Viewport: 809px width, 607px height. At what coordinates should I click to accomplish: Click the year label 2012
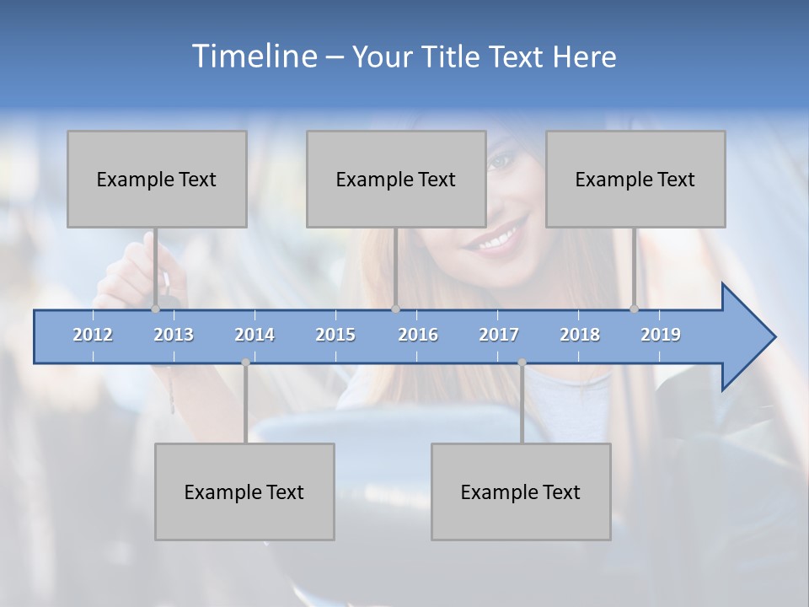tap(93, 335)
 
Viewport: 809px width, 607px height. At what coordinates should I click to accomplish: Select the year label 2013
tap(174, 335)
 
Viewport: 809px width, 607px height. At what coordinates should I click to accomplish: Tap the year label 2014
tap(254, 335)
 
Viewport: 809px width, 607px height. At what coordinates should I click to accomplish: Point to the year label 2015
tap(335, 335)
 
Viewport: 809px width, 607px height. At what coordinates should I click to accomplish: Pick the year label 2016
tap(418, 335)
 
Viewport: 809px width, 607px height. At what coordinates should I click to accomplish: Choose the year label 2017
tap(499, 335)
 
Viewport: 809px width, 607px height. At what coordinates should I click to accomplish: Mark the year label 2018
tap(580, 335)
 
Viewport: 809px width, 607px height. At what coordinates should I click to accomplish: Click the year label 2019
tap(661, 335)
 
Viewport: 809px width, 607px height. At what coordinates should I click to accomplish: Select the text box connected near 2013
tap(157, 179)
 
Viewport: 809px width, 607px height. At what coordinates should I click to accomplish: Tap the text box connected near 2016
tap(396, 179)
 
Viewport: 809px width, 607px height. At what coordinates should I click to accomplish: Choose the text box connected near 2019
tap(635, 179)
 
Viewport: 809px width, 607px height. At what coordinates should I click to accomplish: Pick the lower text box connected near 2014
tap(244, 492)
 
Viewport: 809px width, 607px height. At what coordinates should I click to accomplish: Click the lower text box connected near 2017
tap(521, 492)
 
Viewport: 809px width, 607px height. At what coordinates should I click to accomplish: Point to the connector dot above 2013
tap(155, 309)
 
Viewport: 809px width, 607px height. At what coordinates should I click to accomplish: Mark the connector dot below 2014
tap(245, 363)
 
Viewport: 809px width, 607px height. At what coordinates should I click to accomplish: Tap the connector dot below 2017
tap(522, 363)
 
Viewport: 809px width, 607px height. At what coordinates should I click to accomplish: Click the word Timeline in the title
tap(254, 56)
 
